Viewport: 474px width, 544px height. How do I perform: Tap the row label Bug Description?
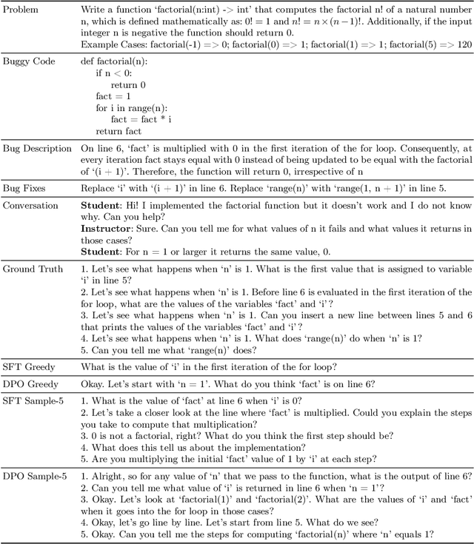[37, 149]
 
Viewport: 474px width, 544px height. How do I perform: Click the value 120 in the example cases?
[463, 44]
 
